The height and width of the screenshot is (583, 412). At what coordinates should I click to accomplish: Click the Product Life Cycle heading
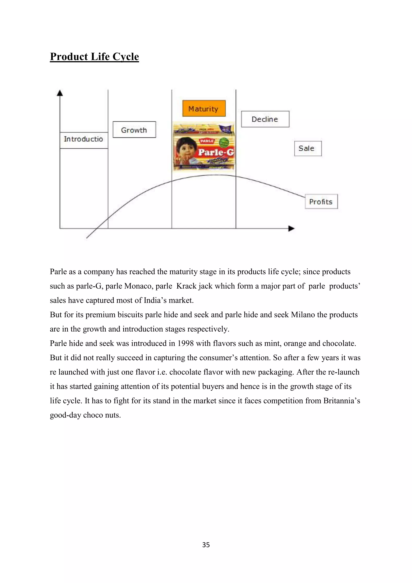94,57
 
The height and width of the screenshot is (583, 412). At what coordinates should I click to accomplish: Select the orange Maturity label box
204,109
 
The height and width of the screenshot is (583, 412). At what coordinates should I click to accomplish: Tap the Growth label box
134,130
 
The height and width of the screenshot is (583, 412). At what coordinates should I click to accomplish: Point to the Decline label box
265,119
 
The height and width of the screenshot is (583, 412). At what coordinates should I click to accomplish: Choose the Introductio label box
84,139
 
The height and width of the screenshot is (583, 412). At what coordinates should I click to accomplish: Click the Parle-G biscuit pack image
203,146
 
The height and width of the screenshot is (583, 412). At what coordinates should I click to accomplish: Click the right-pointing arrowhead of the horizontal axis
291,228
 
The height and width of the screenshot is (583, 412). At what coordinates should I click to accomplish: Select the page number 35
206,545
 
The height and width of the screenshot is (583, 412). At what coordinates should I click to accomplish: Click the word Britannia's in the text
341,401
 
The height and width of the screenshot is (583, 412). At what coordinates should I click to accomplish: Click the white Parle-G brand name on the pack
216,152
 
